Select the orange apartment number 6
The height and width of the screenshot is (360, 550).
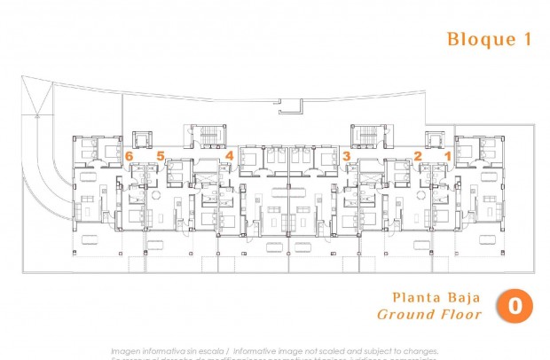130,156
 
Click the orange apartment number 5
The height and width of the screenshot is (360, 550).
161,156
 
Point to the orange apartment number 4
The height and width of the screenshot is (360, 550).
229,156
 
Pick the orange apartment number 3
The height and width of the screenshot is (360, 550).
347,156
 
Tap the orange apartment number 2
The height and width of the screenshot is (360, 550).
417,156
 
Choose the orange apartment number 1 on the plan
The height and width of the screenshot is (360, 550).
447,156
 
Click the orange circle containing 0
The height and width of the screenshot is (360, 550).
514,305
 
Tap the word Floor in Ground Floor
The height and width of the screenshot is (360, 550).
462,314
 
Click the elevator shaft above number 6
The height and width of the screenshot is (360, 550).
141,139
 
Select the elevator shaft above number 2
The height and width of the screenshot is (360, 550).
434,139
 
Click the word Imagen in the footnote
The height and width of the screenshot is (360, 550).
130,350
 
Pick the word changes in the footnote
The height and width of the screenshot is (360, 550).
417,350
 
